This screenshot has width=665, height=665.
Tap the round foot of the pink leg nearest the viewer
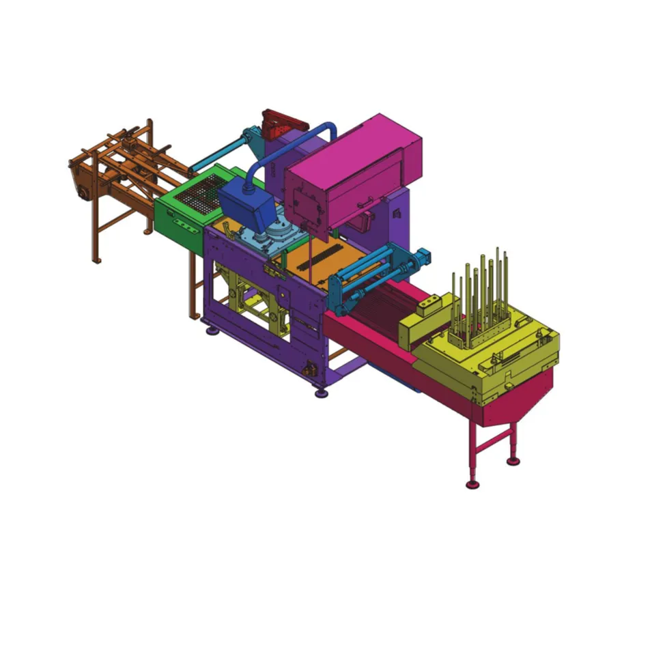(x=471, y=485)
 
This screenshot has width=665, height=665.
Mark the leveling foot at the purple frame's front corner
(x=320, y=393)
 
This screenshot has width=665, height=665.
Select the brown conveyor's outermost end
(x=81, y=181)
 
